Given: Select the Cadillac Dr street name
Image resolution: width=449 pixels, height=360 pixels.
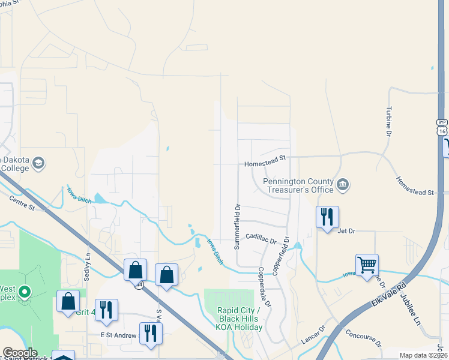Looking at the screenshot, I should pos(261,239).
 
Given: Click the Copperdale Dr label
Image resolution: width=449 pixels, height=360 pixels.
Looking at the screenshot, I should pos(264,286).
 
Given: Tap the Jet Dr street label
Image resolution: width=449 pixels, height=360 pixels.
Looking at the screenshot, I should pos(346,230).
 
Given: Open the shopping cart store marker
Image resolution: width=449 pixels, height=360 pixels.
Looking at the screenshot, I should pos(367,263).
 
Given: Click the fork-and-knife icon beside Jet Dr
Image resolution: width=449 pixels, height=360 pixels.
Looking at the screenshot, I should pos(327,217).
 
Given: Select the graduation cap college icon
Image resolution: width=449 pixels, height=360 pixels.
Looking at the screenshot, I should pos(38,163).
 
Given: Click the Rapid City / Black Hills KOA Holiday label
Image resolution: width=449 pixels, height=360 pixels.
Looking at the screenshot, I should pos(240,319).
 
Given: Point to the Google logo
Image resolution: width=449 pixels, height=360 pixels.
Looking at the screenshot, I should pos(19,353).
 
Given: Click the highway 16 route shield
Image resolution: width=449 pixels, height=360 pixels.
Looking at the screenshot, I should pos(442,126).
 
